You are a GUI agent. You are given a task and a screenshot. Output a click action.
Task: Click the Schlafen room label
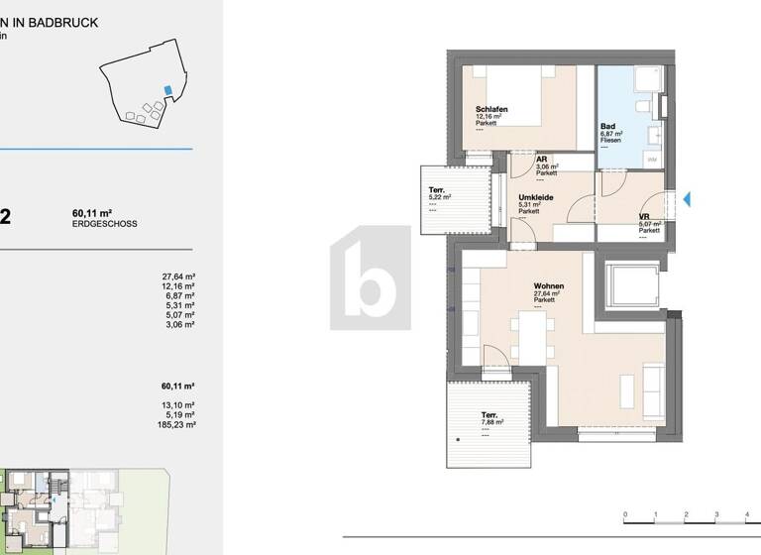492,110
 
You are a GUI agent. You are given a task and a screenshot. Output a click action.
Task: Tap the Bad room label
609,127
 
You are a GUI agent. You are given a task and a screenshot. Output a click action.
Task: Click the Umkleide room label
535,198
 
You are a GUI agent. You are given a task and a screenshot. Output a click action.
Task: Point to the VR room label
644,217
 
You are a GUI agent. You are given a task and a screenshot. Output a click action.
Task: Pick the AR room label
542,160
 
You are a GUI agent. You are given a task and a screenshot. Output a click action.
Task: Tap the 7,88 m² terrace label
489,415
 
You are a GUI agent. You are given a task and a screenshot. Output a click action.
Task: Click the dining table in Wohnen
531,339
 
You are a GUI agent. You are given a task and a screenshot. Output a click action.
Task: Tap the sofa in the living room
654,390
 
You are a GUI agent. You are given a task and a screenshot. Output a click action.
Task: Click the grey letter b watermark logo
370,277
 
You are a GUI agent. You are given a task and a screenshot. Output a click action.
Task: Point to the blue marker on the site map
167,91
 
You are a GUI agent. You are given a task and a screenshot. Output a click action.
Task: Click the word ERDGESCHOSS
104,225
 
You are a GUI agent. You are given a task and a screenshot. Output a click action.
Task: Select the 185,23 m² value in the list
178,424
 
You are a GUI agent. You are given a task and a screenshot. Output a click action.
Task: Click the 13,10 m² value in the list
179,405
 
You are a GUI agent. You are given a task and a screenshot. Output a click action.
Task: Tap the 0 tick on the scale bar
624,515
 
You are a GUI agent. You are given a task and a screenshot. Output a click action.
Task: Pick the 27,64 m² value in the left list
178,277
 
